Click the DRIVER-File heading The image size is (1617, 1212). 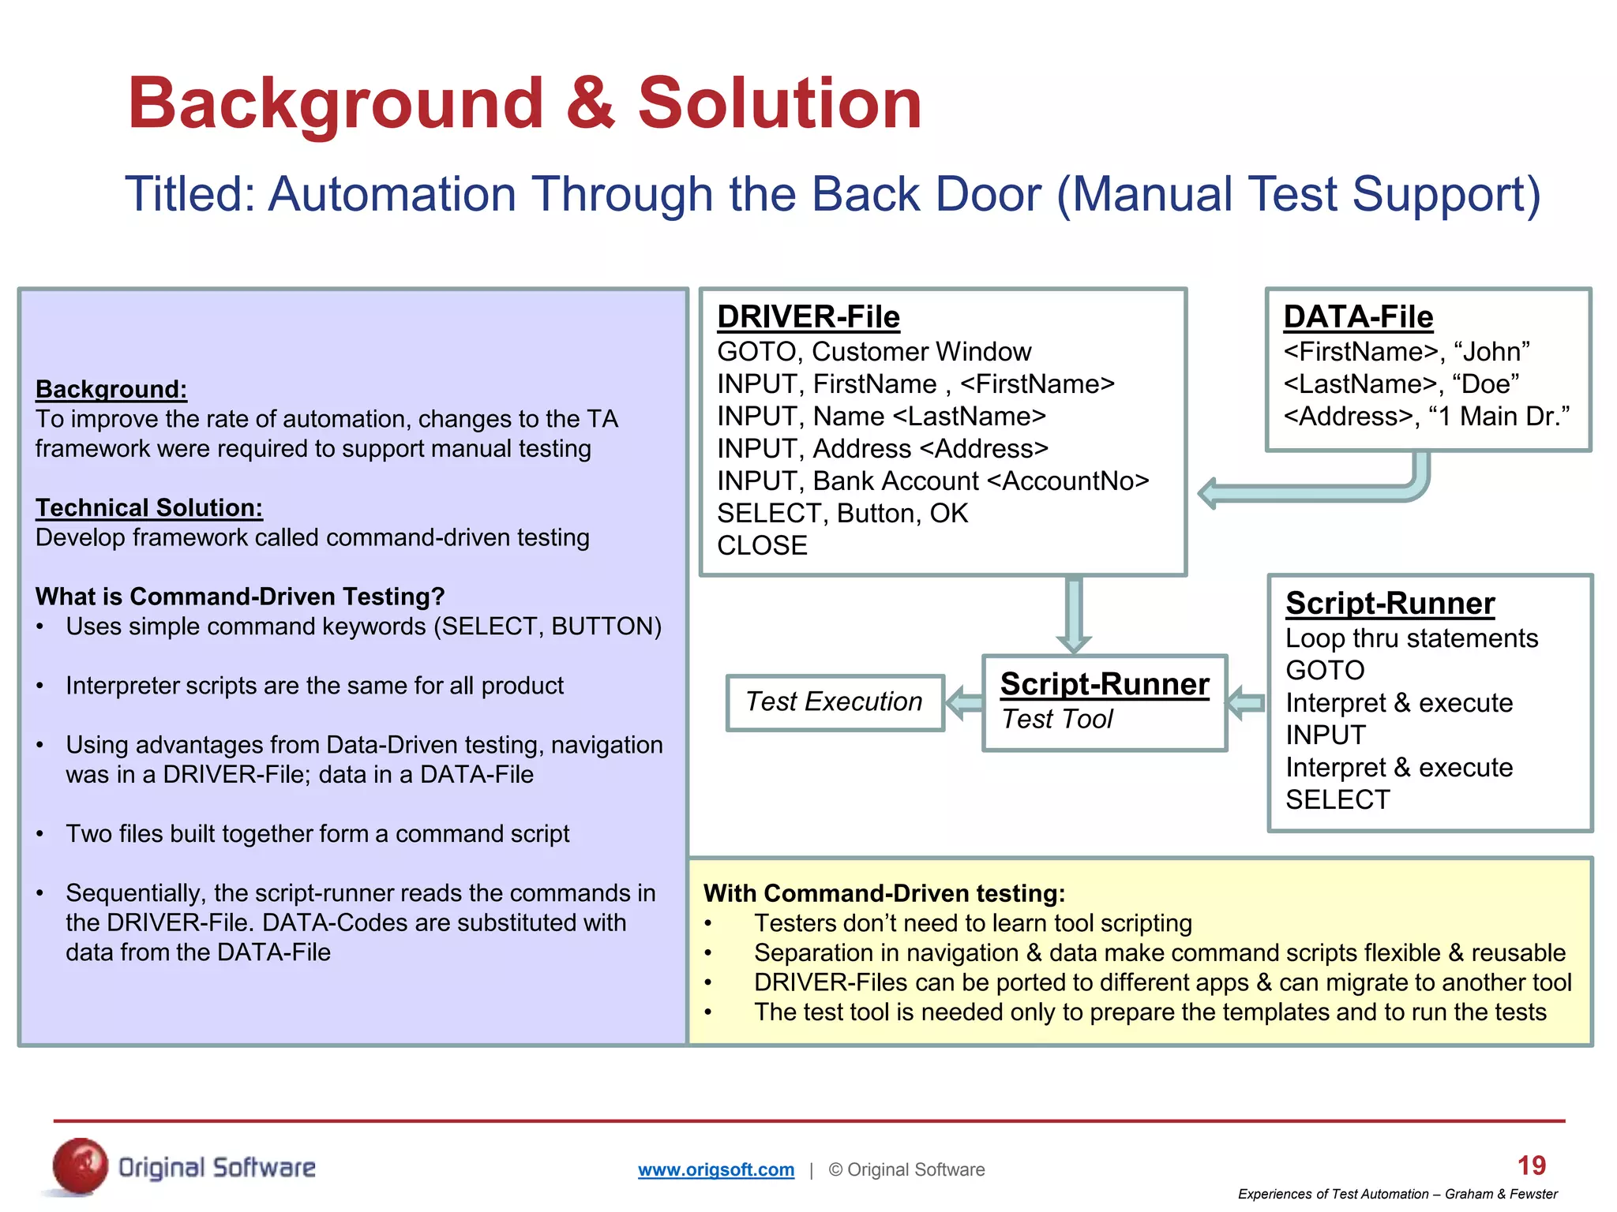[808, 317]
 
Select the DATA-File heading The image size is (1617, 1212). [1357, 317]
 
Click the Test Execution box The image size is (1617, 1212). [835, 701]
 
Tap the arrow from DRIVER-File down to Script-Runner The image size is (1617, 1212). [1073, 613]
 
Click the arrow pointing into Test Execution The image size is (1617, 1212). [963, 701]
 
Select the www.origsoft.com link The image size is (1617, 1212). [715, 1169]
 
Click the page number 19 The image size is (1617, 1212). [1531, 1165]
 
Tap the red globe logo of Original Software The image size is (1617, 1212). [80, 1166]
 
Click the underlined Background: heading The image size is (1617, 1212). [111, 389]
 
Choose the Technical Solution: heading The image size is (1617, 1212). [148, 507]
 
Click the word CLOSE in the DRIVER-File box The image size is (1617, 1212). [762, 545]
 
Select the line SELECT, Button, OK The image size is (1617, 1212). [842, 513]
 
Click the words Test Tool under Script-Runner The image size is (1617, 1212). [1056, 719]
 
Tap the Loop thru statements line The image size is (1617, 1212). [1411, 638]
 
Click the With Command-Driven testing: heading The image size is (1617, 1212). [884, 893]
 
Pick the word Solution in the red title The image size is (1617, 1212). [778, 103]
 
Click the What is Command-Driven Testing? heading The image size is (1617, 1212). [240, 597]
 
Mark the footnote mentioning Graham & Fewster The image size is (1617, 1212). [1397, 1194]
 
